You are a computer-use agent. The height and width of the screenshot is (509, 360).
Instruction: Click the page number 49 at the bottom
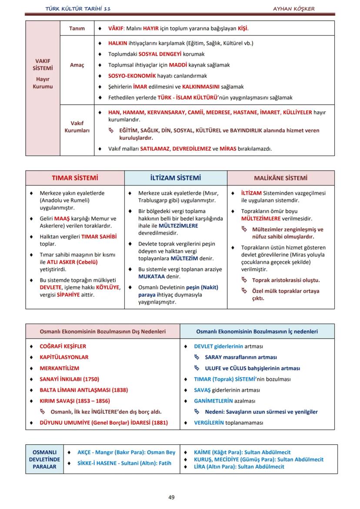pyautogui.click(x=171, y=497)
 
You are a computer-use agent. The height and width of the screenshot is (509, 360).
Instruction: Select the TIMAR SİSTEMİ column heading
pyautogui.click(x=75, y=178)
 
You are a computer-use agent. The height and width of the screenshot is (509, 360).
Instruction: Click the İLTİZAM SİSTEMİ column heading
pyautogui.click(x=176, y=178)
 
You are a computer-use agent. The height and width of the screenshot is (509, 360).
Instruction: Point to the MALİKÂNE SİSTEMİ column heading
pyautogui.click(x=281, y=178)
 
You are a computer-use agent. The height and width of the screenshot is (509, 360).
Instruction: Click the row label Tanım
pyautogui.click(x=77, y=28)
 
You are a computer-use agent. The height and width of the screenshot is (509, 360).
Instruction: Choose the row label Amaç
pyautogui.click(x=77, y=65)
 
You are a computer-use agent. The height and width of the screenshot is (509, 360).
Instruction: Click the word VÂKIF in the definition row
pyautogui.click(x=116, y=28)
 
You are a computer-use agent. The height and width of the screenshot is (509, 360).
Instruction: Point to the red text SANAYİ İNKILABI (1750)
pyautogui.click(x=69, y=379)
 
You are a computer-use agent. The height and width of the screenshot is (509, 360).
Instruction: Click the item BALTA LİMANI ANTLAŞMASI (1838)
pyautogui.click(x=83, y=390)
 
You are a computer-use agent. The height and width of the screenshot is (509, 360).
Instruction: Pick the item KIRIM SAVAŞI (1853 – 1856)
pyautogui.click(x=74, y=401)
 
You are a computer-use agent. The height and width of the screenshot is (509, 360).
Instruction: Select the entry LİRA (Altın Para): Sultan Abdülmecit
pyautogui.click(x=239, y=466)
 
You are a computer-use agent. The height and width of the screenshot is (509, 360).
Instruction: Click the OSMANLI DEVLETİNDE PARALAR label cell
pyautogui.click(x=44, y=459)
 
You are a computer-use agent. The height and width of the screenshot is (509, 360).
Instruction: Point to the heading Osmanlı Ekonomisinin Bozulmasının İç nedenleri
pyautogui.click(x=257, y=332)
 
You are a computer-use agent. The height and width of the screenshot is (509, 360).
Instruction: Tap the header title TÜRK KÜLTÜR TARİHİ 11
pyautogui.click(x=81, y=9)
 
